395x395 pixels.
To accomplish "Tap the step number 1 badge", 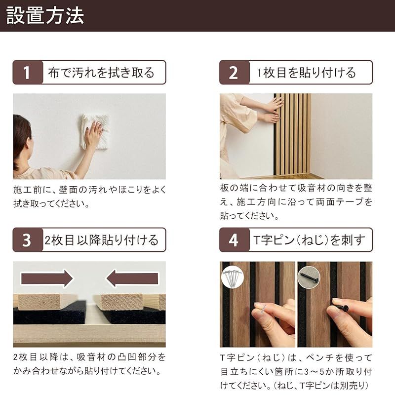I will point(27,73).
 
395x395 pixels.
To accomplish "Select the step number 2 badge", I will point(234,73).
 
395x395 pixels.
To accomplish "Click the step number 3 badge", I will point(27,240).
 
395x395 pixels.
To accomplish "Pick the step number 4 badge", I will point(234,240).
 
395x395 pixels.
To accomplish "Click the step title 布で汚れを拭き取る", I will point(101,73).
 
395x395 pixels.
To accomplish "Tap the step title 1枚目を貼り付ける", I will point(306,73).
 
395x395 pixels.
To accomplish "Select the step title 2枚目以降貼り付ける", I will point(101,240).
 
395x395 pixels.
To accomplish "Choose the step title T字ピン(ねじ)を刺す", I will point(309,240).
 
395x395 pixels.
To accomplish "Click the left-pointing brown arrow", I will point(131,278).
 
